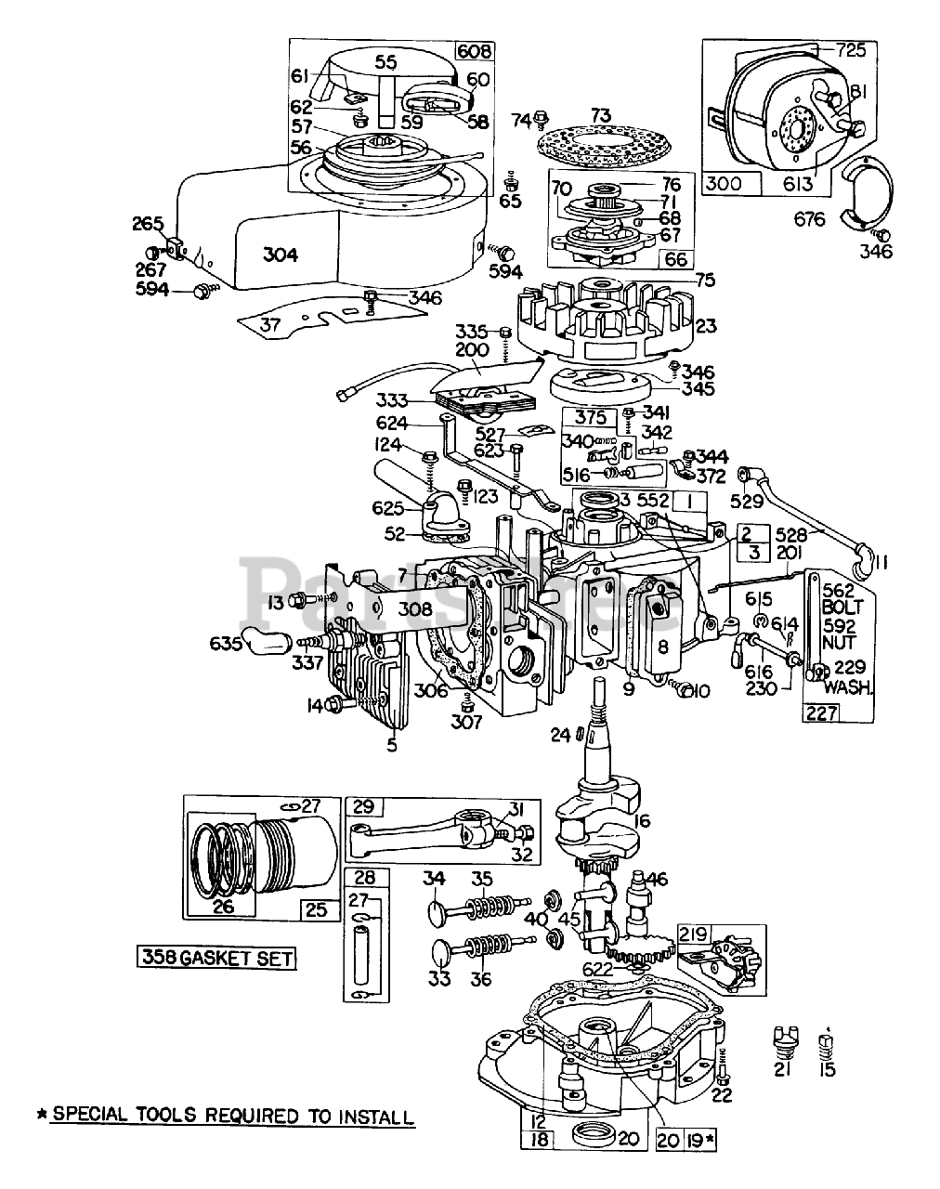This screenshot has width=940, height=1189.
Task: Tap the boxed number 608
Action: (474, 50)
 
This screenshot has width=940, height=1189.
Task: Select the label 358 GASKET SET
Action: (216, 956)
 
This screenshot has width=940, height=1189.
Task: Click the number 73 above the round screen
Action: (602, 115)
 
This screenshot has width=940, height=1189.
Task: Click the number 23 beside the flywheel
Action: (706, 327)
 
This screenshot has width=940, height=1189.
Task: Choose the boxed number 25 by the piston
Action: (317, 908)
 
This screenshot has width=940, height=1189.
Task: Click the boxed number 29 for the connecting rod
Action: (362, 805)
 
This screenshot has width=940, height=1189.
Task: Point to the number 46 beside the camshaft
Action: (657, 879)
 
